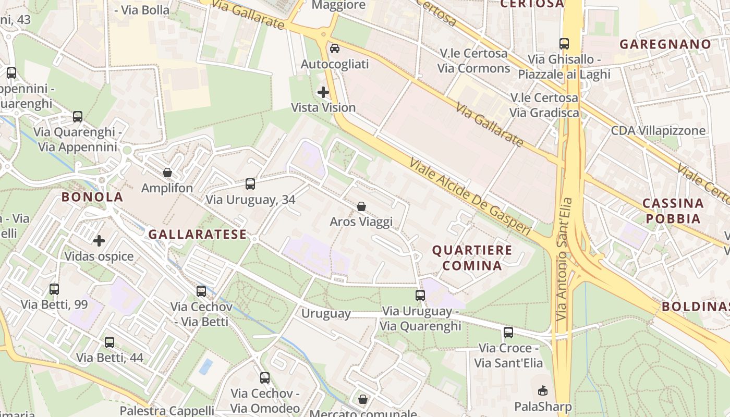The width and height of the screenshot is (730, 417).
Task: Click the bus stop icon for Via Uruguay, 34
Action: click(x=250, y=183)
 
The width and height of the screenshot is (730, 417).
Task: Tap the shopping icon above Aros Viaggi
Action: click(x=361, y=207)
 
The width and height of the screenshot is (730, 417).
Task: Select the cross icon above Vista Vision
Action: click(x=323, y=92)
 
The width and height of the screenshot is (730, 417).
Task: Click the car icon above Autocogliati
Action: click(x=335, y=48)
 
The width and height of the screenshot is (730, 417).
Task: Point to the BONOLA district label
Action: click(x=92, y=197)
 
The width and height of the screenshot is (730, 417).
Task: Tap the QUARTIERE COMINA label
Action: click(x=472, y=257)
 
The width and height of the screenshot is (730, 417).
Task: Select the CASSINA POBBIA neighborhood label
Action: click(x=673, y=211)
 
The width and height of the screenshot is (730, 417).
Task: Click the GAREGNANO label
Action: click(x=665, y=44)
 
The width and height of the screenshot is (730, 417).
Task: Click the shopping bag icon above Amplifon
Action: click(x=167, y=173)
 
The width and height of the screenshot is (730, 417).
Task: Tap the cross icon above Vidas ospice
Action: click(x=99, y=241)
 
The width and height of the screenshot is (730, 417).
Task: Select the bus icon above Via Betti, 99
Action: click(x=54, y=289)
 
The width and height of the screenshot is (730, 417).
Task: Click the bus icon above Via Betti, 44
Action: click(x=110, y=342)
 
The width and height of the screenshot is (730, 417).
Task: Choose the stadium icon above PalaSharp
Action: click(x=543, y=390)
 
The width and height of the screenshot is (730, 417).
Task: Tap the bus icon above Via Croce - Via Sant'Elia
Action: click(x=508, y=332)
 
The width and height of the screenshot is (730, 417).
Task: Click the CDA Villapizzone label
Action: click(x=658, y=131)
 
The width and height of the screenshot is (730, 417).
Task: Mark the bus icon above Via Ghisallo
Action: click(x=564, y=44)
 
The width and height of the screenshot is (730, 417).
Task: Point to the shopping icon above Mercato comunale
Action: click(x=363, y=399)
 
